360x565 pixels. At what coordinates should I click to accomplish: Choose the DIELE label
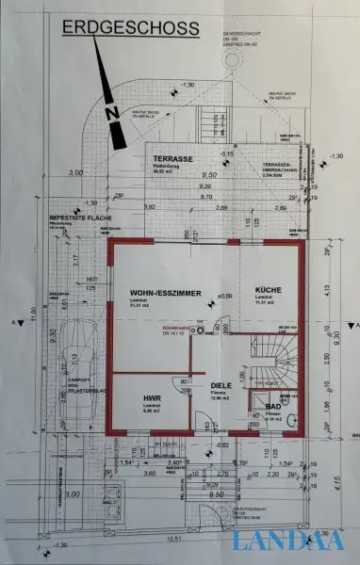[x=221, y=385]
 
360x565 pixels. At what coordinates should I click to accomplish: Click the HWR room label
[x=151, y=398]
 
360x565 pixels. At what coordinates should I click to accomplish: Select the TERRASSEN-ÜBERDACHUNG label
[x=279, y=169]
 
